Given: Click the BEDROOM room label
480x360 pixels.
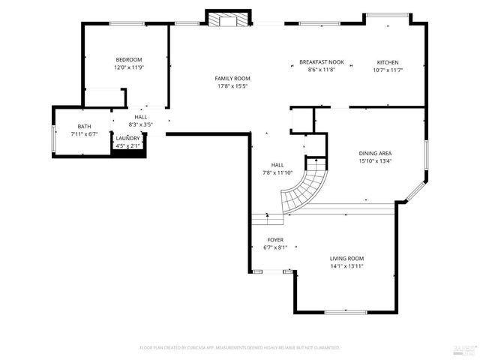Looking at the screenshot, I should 128,60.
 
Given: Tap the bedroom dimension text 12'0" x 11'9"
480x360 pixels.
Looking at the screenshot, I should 128,67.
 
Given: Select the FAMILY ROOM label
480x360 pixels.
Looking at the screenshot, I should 232,79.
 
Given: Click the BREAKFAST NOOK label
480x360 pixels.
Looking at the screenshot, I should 321,62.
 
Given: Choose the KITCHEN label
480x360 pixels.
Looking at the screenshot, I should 388,62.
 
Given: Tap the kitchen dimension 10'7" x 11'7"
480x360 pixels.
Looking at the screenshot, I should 388,70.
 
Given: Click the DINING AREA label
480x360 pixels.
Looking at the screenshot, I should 376,153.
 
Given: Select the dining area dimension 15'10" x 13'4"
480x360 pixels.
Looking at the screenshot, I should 376,160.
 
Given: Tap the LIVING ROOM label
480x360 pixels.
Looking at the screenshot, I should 347,259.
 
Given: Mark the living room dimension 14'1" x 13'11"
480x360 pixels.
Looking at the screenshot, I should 347,266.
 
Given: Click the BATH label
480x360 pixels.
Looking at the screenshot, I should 85,127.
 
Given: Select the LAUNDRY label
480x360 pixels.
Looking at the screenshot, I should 127,139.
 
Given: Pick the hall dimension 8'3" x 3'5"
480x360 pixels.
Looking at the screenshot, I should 141,124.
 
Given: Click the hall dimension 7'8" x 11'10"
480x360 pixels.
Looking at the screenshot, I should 277,173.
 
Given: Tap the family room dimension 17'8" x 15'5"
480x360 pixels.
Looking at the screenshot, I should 232,86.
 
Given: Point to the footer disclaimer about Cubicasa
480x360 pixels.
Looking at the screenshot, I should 240,348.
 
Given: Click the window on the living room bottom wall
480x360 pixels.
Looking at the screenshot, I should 346,311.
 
